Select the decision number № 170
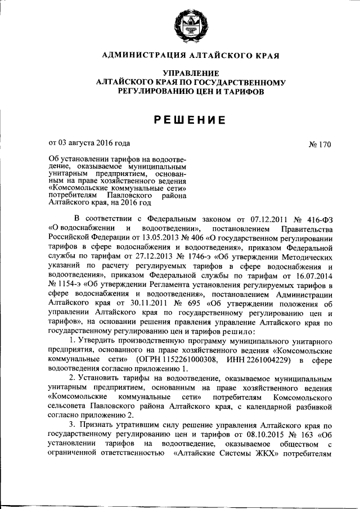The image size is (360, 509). [x=319, y=144]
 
